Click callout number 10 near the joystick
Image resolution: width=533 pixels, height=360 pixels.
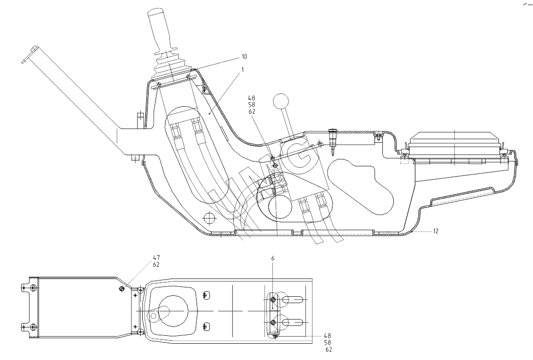pos(244,57)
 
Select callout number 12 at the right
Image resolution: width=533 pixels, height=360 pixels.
pos(435,231)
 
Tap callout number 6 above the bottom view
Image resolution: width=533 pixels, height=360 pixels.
pos(273,258)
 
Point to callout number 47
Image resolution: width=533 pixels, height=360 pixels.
pos(156,258)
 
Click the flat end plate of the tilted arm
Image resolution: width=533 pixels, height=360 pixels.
pos(29,54)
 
